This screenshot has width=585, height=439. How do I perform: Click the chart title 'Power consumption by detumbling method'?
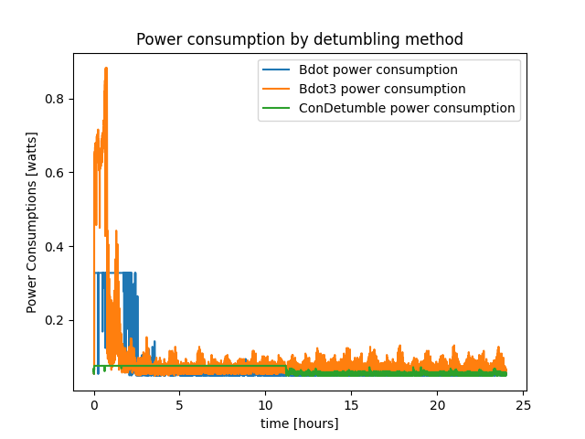click(299, 39)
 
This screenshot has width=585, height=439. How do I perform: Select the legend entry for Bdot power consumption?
click(378, 70)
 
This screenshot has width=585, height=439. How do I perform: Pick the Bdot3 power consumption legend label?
click(381, 89)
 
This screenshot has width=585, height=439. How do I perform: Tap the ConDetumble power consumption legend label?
click(407, 108)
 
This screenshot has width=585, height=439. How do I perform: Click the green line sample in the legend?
click(278, 108)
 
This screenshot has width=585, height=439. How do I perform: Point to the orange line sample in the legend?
click(278, 89)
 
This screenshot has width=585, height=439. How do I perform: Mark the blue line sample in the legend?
click(278, 70)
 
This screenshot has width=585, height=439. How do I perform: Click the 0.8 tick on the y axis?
click(57, 99)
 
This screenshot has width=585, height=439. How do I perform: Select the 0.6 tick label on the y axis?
click(57, 173)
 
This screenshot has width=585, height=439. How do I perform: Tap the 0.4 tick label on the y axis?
click(57, 247)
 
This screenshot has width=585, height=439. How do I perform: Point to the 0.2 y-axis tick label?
click(57, 320)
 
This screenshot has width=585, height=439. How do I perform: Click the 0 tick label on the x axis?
click(94, 405)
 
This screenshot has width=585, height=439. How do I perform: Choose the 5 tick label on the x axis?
click(180, 405)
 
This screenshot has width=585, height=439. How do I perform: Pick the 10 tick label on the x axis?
click(265, 405)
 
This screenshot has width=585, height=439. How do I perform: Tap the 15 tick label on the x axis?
click(351, 405)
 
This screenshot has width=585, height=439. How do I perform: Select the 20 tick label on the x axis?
click(437, 405)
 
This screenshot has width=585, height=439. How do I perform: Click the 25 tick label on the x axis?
click(523, 405)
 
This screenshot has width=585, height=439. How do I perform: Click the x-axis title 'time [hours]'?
click(299, 423)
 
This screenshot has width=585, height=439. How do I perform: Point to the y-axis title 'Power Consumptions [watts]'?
click(32, 219)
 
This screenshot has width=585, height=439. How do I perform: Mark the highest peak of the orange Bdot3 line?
click(106, 68)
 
